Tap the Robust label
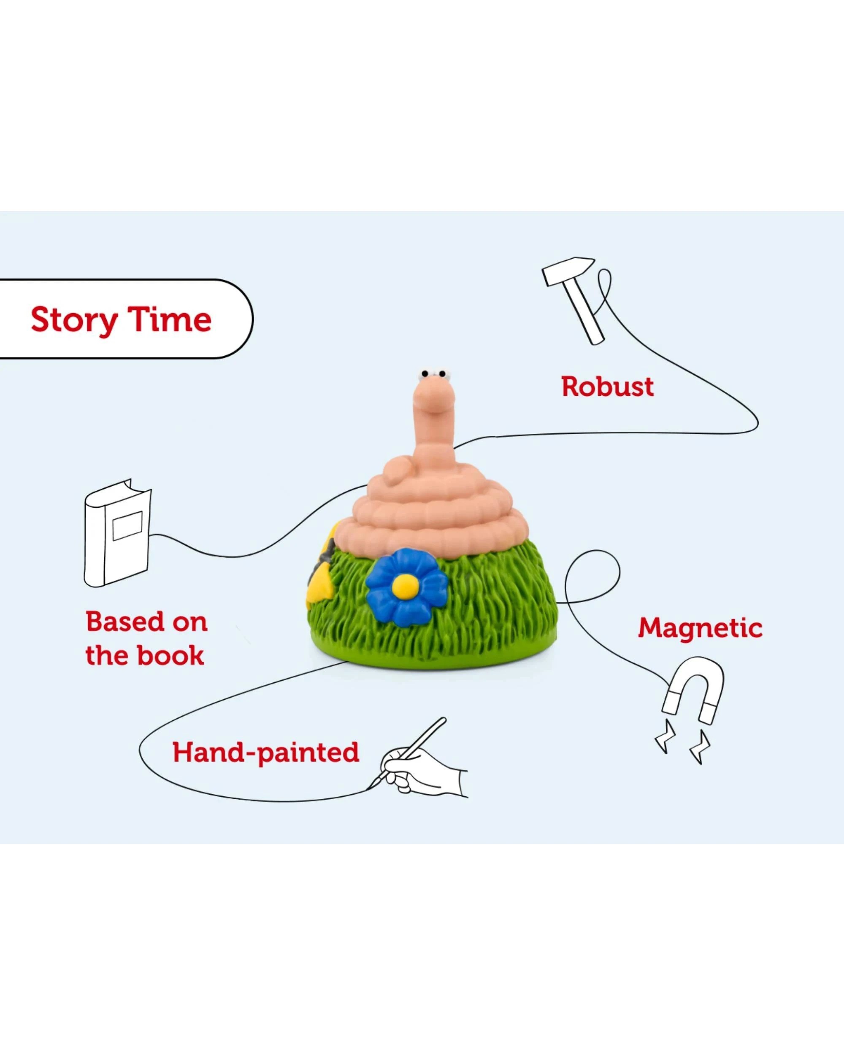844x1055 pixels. (607, 387)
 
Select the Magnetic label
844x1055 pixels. (700, 628)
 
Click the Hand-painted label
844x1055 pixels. (266, 752)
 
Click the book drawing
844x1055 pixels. (117, 533)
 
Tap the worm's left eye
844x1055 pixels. (425, 374)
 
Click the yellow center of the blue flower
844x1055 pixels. (405, 585)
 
